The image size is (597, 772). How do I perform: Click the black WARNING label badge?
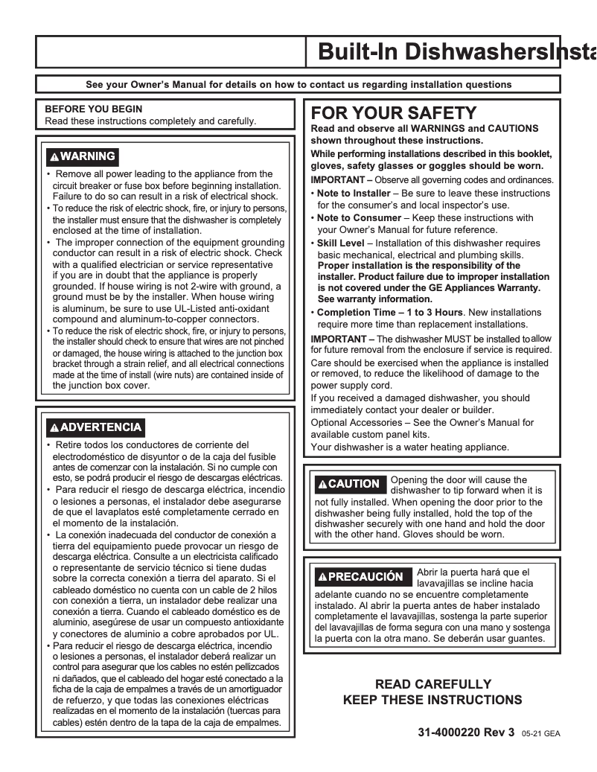(82, 156)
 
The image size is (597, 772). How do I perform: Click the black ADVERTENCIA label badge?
(95, 427)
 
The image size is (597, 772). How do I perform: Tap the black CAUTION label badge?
(348, 484)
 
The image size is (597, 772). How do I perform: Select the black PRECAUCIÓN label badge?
(360, 577)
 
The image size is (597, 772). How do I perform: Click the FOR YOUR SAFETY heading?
(394, 113)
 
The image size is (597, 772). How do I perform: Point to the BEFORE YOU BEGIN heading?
(94, 109)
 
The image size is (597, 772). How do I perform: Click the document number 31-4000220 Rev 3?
(467, 733)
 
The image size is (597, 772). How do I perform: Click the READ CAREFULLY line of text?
(432, 683)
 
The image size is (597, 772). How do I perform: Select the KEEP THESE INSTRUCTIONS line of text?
(432, 700)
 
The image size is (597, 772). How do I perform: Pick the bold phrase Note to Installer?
(354, 194)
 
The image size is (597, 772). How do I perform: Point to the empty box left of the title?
(170, 52)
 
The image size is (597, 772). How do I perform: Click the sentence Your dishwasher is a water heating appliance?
(409, 447)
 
